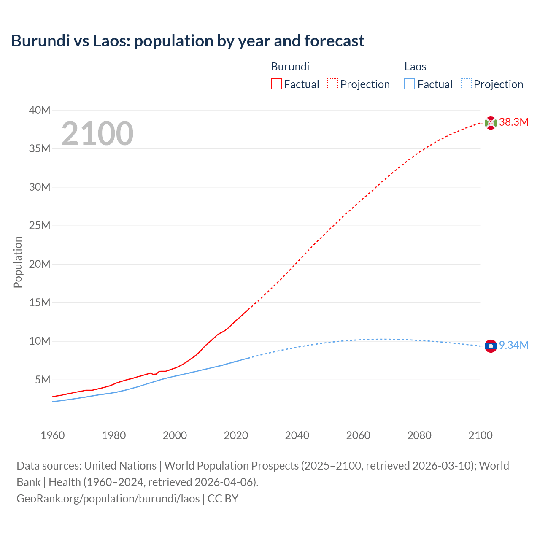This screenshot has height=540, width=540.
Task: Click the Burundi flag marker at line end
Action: [x=491, y=123]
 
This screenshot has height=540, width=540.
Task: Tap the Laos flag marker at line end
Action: [x=491, y=346]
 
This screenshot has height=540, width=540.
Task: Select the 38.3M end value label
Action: [x=514, y=122]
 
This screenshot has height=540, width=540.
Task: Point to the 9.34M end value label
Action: [x=514, y=346]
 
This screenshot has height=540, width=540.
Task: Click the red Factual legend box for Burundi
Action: [x=276, y=84]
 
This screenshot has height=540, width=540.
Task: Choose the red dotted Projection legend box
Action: [x=332, y=84]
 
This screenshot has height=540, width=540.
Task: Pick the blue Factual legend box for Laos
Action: [x=409, y=84]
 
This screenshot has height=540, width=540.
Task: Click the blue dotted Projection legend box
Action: [x=466, y=84]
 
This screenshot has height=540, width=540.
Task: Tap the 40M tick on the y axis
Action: [x=40, y=111]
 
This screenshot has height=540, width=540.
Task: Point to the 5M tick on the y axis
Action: [x=43, y=380]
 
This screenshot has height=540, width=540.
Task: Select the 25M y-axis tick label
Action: [x=40, y=226]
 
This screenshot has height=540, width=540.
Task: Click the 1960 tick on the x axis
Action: [x=53, y=435]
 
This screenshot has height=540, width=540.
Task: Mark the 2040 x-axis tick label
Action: [x=297, y=435]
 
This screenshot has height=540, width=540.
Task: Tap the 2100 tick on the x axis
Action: [x=481, y=435]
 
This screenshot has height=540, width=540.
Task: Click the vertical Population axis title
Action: [x=18, y=262]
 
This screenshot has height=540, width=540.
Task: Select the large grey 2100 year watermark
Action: [x=97, y=134]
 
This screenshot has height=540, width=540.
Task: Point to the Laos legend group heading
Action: [x=415, y=67]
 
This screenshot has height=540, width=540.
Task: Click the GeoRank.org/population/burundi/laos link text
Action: [x=108, y=499]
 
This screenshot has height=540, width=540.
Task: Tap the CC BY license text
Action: [x=223, y=499]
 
